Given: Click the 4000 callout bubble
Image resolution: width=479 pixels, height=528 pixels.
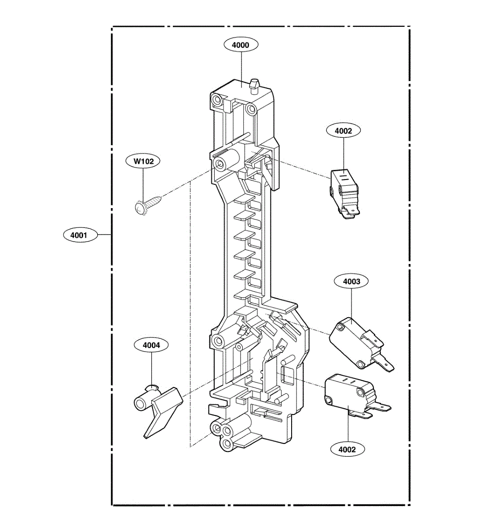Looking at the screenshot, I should click(240, 45).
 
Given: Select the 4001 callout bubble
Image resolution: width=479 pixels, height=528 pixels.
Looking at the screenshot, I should click(79, 235).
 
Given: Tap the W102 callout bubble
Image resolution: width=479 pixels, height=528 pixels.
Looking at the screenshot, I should click(144, 161).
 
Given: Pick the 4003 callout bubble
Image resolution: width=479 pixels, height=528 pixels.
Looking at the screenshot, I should click(351, 282).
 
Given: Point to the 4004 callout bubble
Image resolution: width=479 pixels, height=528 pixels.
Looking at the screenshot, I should click(151, 345).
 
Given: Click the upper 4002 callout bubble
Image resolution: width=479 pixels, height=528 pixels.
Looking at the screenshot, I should click(343, 131).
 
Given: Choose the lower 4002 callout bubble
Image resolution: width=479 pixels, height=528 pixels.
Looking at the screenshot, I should click(347, 449).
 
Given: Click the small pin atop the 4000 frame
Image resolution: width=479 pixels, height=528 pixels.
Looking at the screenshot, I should click(254, 84).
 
